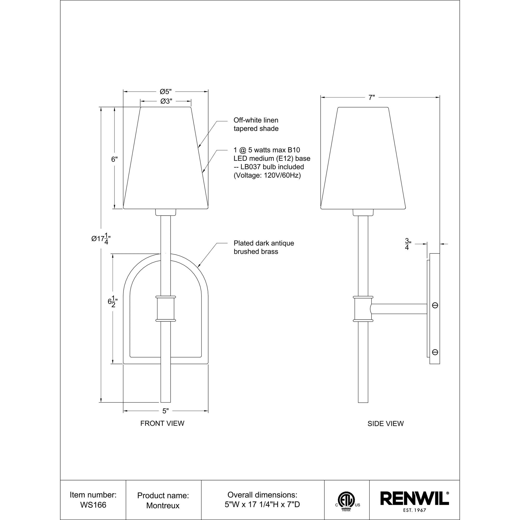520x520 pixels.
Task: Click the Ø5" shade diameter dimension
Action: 166,92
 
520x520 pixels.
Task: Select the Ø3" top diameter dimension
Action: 166,101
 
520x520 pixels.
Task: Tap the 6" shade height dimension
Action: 115,159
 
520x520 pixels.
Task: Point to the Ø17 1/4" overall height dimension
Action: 101,239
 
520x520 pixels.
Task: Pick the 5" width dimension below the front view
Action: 166,419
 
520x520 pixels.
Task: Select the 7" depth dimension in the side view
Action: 372,97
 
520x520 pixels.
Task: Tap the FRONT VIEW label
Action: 162,431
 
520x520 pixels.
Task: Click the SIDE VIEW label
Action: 385,431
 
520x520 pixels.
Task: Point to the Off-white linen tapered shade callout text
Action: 256,124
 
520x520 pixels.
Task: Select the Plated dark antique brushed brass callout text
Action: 263,247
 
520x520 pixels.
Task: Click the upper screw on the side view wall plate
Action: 435,305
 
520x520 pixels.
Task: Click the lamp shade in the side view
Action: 363,159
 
